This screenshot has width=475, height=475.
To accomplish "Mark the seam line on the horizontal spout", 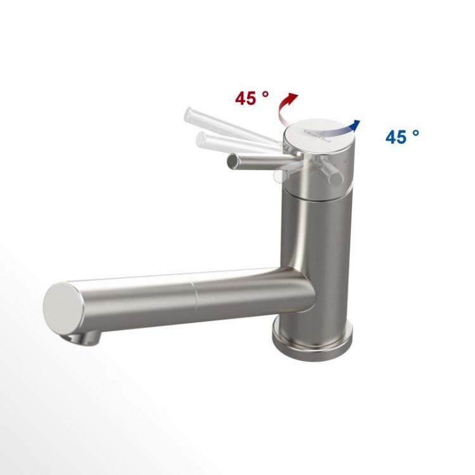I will tap(194, 294).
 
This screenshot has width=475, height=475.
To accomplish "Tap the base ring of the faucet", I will tap(312, 342).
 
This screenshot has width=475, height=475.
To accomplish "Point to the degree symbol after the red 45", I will tap(265, 93).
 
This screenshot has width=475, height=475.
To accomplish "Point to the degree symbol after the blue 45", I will tap(416, 132).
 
